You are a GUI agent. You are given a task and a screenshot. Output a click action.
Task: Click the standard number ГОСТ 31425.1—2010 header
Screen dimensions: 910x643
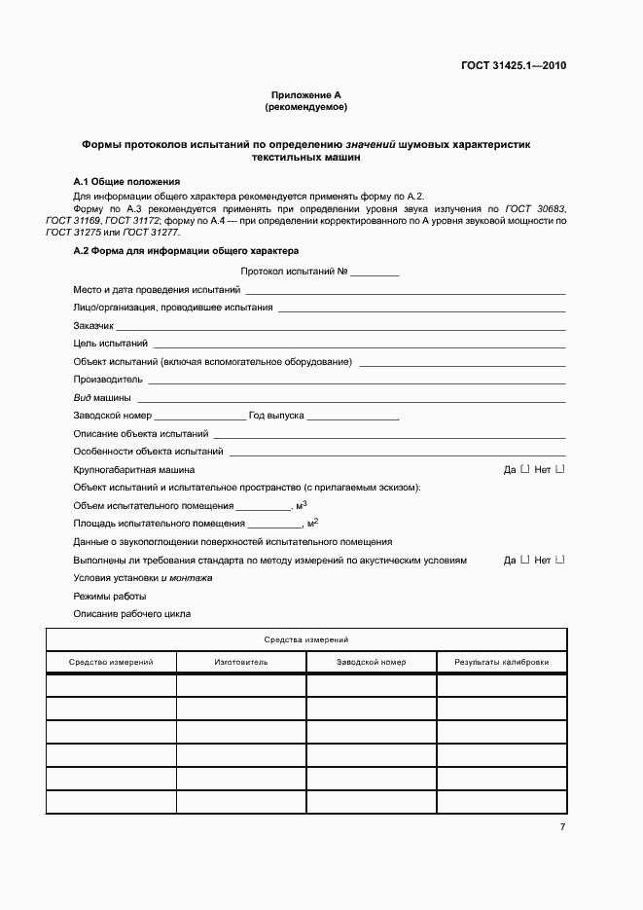coord(514,66)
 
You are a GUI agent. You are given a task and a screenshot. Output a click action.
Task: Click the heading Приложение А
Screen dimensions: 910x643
coord(306,94)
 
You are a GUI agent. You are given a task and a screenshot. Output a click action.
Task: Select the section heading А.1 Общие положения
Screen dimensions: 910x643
coord(127,182)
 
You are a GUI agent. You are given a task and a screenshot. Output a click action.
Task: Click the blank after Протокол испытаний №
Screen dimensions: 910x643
coord(375,273)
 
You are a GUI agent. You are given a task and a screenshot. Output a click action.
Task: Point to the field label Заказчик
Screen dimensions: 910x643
coord(94,326)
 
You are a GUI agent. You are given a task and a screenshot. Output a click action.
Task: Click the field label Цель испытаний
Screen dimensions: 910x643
coord(111,344)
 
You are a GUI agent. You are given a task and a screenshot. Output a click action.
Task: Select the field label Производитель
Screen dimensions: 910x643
coord(108,379)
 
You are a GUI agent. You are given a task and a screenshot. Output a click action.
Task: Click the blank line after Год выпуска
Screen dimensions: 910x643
coord(353,416)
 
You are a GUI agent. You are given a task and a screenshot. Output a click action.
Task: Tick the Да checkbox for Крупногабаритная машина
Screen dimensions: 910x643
coord(525,469)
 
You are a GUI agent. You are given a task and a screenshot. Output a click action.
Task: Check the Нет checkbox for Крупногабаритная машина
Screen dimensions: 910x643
coord(559,469)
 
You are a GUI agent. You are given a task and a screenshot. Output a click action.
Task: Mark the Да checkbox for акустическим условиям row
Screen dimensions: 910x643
coord(525,560)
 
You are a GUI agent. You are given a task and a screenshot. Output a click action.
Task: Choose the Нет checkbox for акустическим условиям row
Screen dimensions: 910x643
coord(559,560)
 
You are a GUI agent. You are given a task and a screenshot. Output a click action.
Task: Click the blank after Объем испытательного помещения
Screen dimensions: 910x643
coord(264,506)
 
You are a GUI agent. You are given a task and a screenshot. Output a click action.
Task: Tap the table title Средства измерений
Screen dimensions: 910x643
coord(306,639)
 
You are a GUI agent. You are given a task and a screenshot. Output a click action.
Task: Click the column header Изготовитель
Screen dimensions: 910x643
coord(241,662)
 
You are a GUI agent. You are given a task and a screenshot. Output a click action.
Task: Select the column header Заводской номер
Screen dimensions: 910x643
coord(372,662)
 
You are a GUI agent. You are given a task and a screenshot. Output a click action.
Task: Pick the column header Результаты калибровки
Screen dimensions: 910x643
coord(501,662)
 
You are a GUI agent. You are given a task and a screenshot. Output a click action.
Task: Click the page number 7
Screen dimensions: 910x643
coord(562,826)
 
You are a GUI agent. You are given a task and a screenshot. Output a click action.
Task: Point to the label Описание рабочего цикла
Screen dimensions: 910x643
coord(132,614)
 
